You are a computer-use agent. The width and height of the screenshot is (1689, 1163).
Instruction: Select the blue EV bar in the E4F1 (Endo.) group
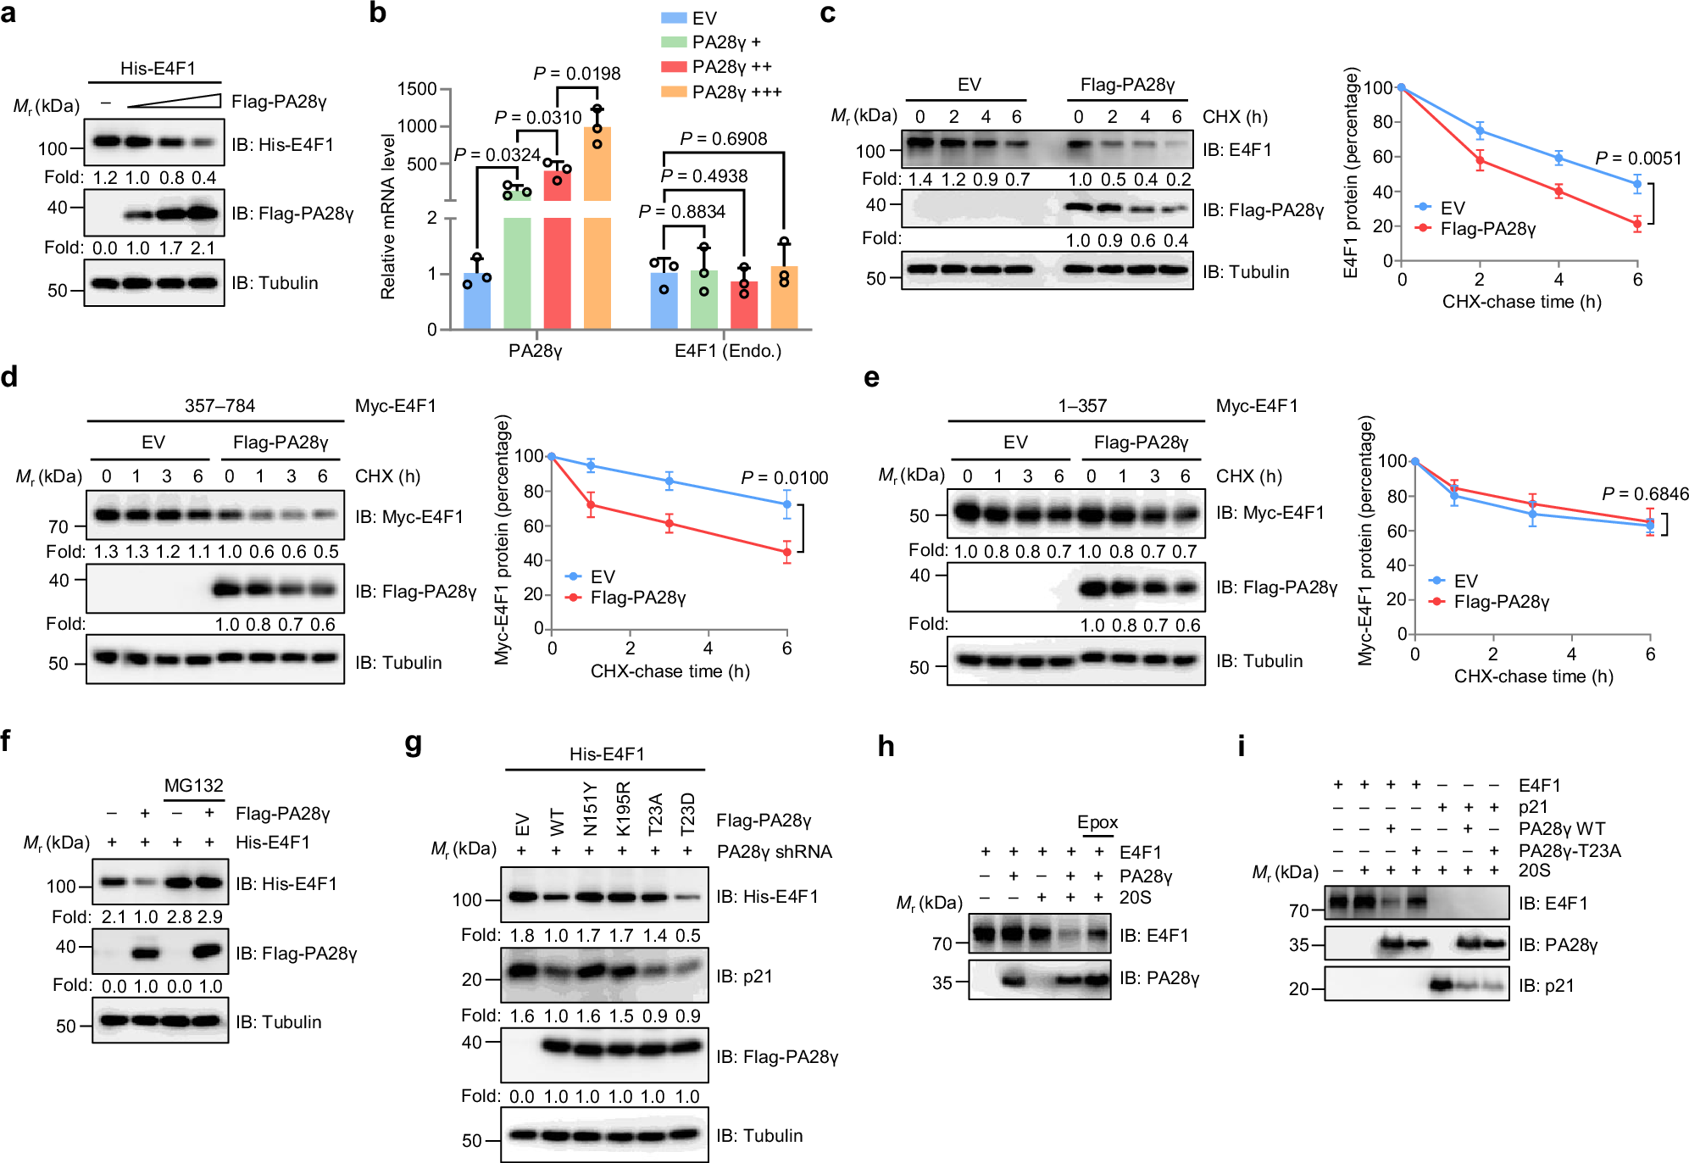664,297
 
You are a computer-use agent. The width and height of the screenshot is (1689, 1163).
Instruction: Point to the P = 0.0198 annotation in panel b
577,74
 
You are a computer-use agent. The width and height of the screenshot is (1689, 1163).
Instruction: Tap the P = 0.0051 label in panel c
1637,158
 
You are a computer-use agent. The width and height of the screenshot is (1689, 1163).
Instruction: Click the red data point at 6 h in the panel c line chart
1637,224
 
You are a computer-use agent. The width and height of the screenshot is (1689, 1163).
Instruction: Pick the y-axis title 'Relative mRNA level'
388,216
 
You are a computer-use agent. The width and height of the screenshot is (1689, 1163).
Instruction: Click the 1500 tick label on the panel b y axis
417,89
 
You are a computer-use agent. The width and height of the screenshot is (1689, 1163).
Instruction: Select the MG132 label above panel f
193,786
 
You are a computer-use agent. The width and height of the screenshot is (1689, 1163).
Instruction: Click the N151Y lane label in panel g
591,809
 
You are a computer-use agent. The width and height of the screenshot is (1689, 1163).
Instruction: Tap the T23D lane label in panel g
687,813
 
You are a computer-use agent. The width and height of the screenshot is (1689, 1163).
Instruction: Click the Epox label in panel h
1097,822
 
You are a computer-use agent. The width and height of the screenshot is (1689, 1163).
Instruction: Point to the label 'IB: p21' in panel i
1546,986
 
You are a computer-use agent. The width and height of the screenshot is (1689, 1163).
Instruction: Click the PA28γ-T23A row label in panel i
1569,850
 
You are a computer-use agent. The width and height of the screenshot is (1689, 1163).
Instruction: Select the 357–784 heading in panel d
219,406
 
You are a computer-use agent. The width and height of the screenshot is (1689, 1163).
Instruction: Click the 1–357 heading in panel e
1082,406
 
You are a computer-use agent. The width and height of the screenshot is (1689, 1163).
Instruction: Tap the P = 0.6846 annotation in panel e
1644,493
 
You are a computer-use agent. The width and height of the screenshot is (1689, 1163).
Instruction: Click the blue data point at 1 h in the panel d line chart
591,465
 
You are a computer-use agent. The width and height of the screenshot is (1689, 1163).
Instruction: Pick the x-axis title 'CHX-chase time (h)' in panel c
1521,302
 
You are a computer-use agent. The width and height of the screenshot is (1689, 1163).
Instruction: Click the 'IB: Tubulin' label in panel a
275,283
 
